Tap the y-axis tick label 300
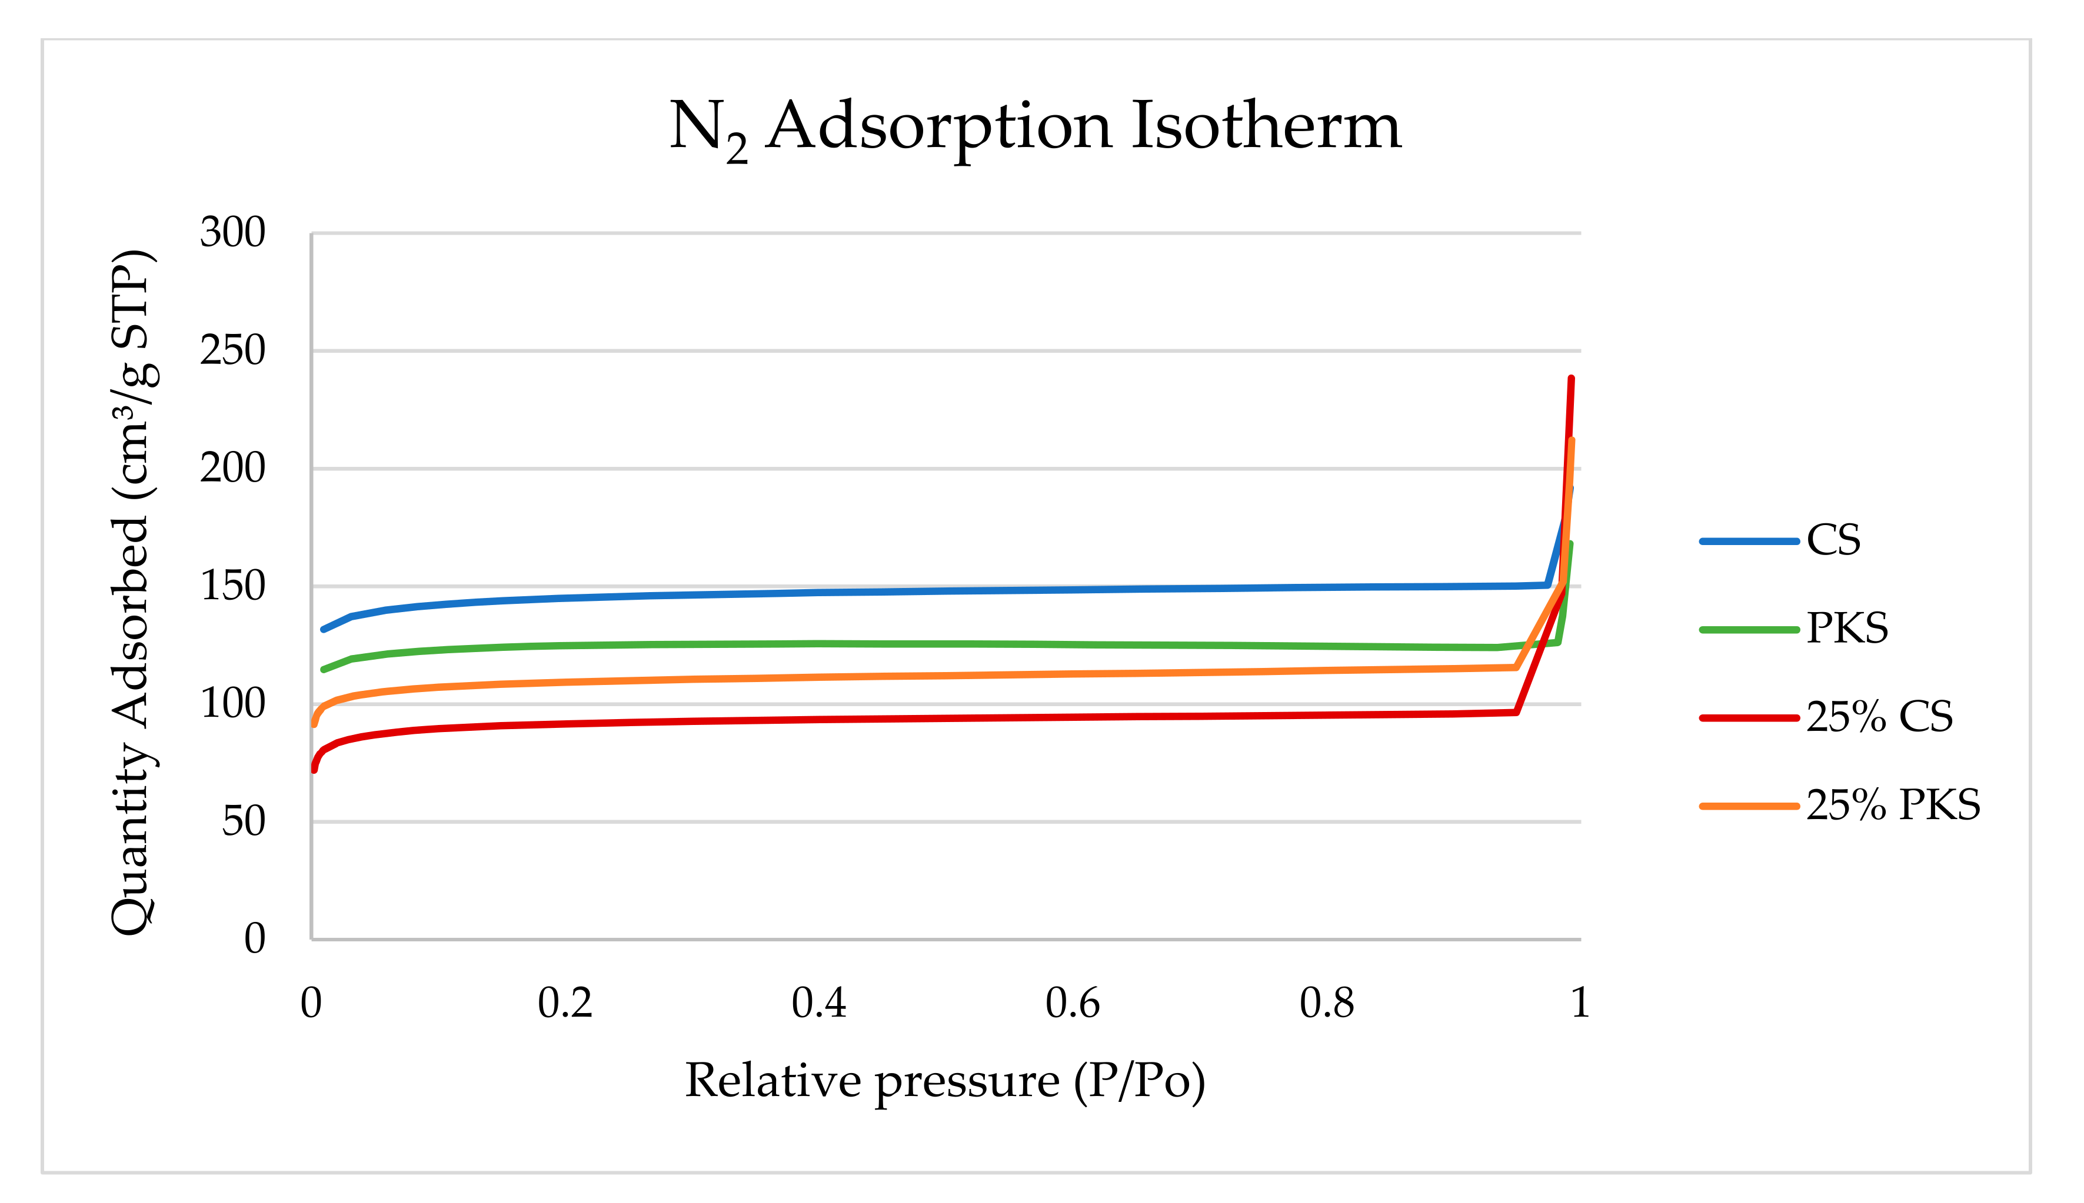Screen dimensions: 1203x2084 [232, 232]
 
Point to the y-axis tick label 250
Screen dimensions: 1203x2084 [232, 350]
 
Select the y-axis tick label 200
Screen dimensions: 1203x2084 [232, 469]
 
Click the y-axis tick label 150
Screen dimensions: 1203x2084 [232, 587]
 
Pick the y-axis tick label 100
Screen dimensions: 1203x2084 [232, 704]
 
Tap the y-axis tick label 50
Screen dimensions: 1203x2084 [243, 822]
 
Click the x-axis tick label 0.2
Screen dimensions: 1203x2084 [565, 1003]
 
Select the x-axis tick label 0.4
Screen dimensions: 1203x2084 [818, 1003]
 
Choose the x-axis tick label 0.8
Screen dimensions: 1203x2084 [1326, 1003]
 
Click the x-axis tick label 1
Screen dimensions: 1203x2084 [1580, 1003]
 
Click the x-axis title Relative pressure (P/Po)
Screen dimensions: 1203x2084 [945, 1081]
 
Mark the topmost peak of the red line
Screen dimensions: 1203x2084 [1572, 379]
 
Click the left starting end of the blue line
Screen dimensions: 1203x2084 [323, 630]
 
